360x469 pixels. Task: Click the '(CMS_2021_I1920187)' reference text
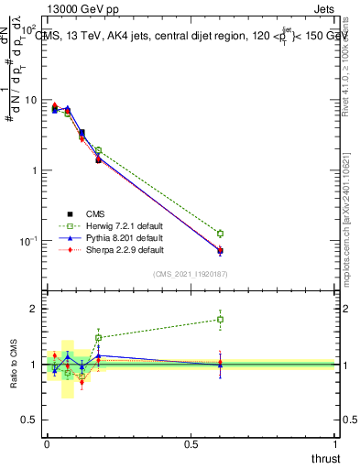(x=191, y=274)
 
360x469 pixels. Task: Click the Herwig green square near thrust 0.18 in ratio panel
(x=98, y=338)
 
